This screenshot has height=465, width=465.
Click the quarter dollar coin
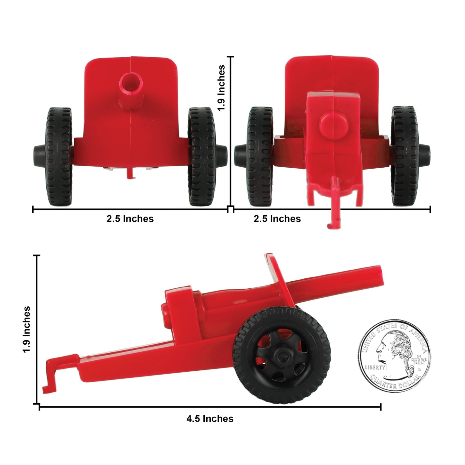click(394, 356)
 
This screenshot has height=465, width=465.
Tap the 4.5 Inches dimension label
click(210, 419)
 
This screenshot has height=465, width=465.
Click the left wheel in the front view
click(59, 157)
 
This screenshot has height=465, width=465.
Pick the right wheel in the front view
click(202, 157)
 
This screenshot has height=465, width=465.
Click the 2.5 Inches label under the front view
click(130, 219)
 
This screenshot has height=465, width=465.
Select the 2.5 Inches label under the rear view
click(277, 219)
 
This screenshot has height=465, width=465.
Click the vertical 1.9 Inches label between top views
click(221, 88)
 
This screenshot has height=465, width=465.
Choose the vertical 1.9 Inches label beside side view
click(26, 329)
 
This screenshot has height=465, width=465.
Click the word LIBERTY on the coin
click(375, 367)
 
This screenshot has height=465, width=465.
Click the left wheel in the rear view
click(260, 157)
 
